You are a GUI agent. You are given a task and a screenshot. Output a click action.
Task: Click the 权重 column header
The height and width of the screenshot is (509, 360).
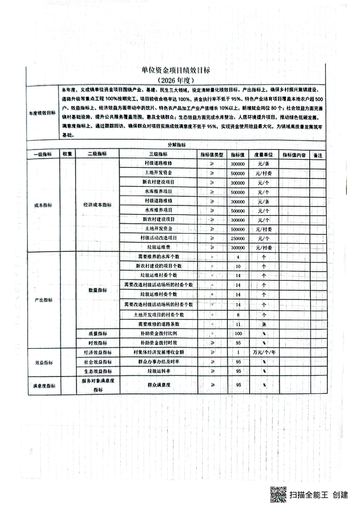[68, 155]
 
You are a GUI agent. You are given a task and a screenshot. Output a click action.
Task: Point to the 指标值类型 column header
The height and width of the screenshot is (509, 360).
[212, 155]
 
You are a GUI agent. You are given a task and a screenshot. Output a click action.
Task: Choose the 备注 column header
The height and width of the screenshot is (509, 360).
[317, 155]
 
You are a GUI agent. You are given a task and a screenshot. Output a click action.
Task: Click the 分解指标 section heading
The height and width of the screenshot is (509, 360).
[176, 145]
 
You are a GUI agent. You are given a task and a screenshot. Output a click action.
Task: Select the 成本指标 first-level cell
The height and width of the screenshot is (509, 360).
[43, 205]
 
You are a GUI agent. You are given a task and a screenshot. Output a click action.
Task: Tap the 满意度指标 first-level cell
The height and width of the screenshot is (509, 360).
[44, 386]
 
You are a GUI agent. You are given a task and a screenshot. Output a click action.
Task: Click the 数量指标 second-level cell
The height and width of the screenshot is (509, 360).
[97, 290]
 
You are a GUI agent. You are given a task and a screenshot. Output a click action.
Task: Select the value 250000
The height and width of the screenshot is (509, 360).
[238, 238]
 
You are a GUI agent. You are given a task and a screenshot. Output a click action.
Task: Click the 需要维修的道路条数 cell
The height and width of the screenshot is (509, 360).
[158, 324]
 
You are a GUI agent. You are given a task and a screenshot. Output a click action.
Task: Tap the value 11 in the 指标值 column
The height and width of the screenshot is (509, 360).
[238, 324]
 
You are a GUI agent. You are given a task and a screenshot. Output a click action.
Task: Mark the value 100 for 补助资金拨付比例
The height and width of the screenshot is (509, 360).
[238, 333]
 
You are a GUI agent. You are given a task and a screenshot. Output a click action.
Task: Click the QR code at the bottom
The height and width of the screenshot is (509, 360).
[278, 494]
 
